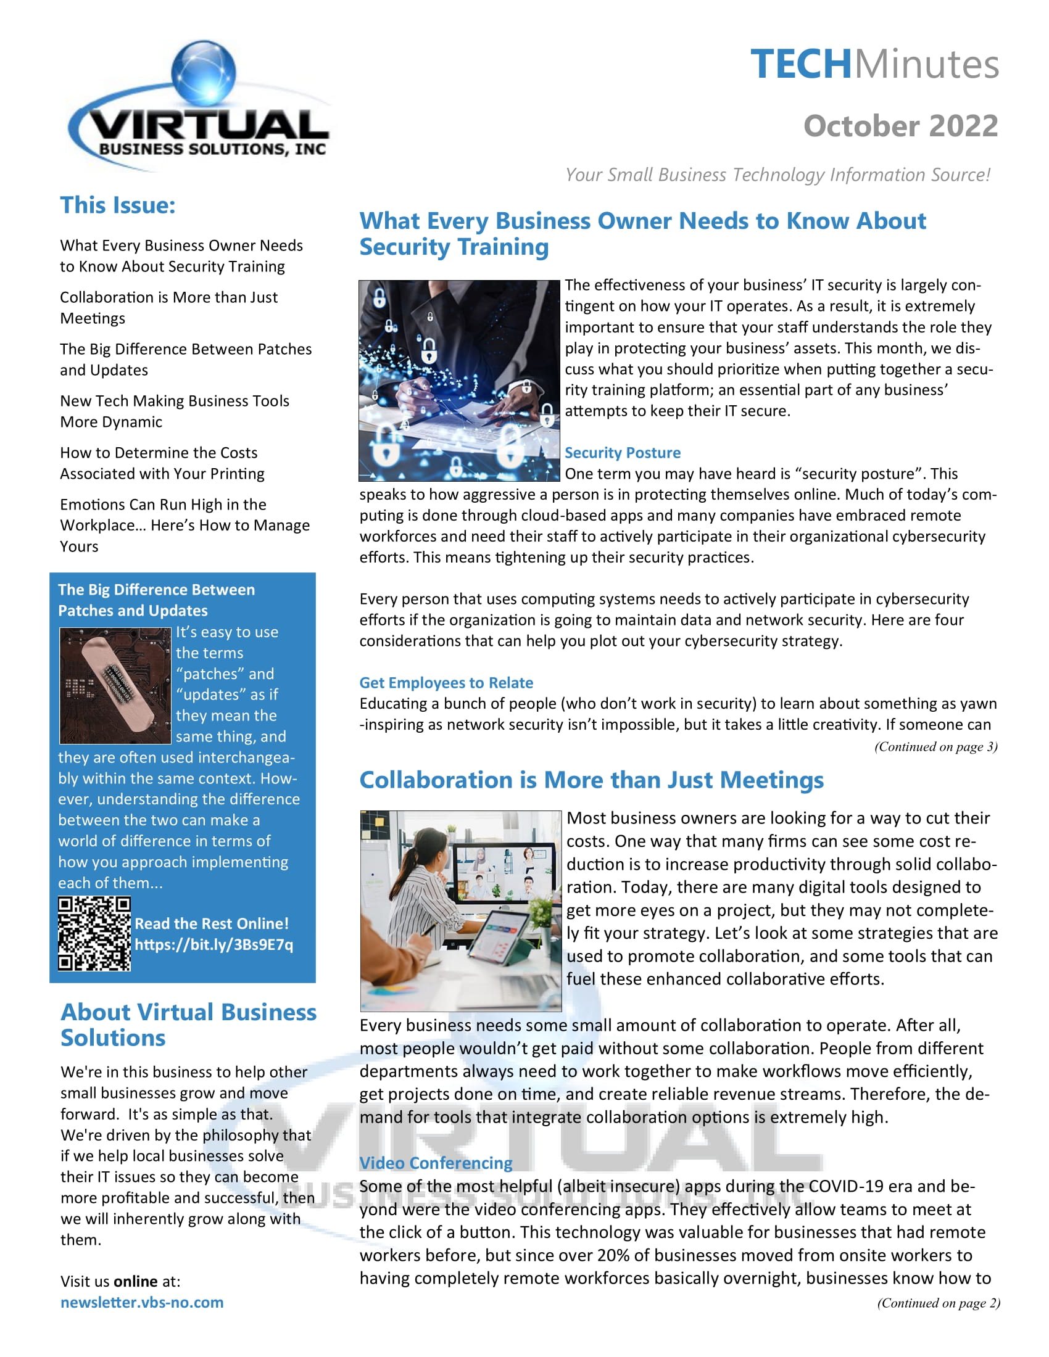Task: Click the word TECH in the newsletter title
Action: point(800,64)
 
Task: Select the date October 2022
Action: point(900,126)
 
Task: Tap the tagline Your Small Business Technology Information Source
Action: point(777,175)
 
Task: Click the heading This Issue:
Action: point(117,205)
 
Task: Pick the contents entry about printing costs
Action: point(162,463)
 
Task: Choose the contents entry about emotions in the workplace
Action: point(184,525)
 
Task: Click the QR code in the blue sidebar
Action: point(94,933)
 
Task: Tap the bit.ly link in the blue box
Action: point(214,945)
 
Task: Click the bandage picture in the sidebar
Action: point(115,685)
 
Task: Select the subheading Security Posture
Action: point(622,453)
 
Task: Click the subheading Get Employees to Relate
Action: point(446,683)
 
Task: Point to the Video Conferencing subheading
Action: point(436,1163)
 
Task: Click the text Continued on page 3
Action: point(935,747)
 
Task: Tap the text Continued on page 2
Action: point(938,1303)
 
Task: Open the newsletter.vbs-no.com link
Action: point(142,1302)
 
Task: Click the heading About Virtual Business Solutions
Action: point(188,1025)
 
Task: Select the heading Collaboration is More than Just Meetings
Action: point(591,780)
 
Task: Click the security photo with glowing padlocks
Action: point(459,381)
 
